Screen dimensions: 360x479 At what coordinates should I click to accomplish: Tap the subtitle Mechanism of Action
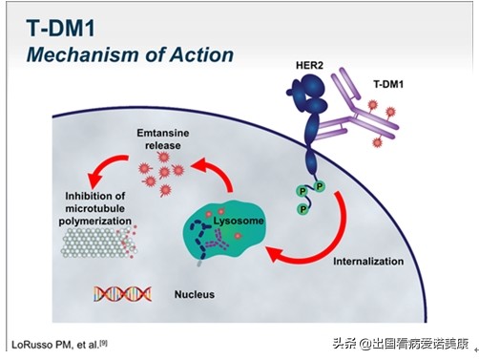pyautogui.click(x=130, y=53)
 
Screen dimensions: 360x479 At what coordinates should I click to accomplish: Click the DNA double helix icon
pyautogui.click(x=115, y=293)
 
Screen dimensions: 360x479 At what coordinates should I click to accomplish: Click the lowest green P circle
pyautogui.click(x=302, y=207)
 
